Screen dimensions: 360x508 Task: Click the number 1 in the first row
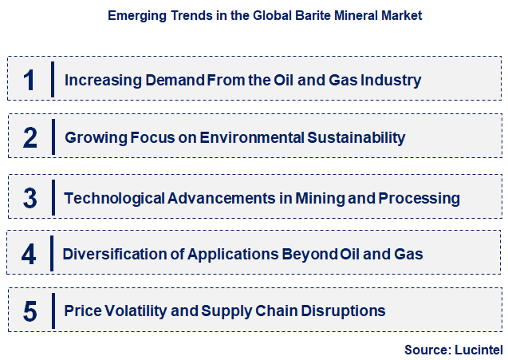coord(30,80)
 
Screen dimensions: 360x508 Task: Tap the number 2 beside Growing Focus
coord(30,137)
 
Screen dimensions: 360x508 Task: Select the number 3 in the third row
coord(30,197)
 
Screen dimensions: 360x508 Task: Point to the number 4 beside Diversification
coord(30,254)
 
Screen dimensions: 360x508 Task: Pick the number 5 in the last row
coord(30,311)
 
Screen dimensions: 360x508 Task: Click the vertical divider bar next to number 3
coord(52,197)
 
